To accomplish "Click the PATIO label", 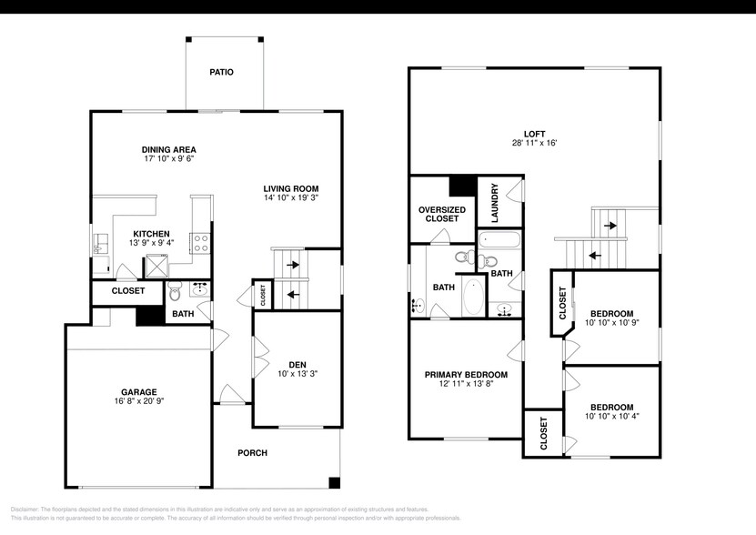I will [x=221, y=72].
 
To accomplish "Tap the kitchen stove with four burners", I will [x=200, y=242].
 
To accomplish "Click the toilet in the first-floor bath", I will [x=175, y=291].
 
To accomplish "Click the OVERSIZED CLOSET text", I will [x=442, y=214].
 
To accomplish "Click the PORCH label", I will [x=252, y=453].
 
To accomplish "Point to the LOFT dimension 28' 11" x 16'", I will [x=534, y=143].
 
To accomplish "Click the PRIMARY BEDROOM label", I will [x=466, y=374].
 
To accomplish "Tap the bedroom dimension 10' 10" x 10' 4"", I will [x=611, y=416].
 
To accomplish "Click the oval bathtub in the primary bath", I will [x=473, y=297].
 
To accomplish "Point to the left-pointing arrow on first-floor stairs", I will [x=293, y=294].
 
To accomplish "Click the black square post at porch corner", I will [x=335, y=482].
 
